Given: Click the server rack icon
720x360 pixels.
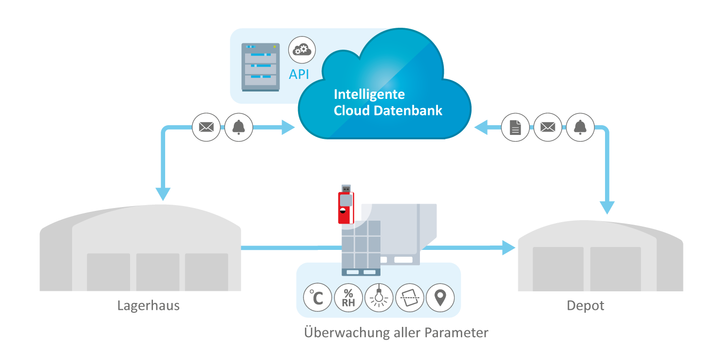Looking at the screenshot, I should pos(261,67).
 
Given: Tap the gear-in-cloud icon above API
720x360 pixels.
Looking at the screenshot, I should pos(302,50).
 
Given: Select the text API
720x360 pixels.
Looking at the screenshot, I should pos(299,75).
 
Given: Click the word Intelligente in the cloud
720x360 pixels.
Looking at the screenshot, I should pos(369,94).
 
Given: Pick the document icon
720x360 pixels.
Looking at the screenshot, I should pos(515,128).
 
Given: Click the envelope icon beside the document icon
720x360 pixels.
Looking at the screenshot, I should pos(548,128).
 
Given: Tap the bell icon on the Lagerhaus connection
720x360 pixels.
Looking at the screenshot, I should pos(239,128).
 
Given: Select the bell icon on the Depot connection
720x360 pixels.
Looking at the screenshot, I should pos(580,128).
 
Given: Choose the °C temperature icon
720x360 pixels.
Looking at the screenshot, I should pos(317,298).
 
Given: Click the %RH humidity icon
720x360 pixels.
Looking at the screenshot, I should pos(348,298).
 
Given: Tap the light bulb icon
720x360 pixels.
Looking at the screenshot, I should pos(379,298).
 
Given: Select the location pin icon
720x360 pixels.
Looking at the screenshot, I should pos(440,298).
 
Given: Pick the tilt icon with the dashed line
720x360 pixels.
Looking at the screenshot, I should pos(410,298).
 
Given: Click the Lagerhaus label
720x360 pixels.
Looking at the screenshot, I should pos(148,306).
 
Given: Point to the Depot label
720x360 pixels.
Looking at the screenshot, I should pos(585,306).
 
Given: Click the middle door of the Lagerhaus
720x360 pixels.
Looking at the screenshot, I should pos(157,272).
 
